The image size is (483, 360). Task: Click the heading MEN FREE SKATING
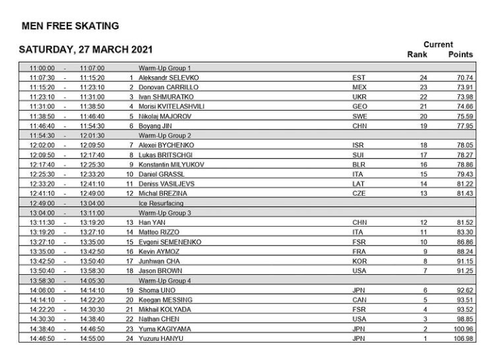pos(70,26)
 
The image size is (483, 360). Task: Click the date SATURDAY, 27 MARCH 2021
pos(85,49)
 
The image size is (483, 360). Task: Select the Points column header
pos(460,54)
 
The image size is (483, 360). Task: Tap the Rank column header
pos(418,54)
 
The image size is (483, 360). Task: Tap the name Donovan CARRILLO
pos(168,88)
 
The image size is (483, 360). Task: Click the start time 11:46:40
pos(43,126)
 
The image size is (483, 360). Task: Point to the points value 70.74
pos(464,78)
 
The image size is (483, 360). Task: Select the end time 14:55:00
pos(91,339)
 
